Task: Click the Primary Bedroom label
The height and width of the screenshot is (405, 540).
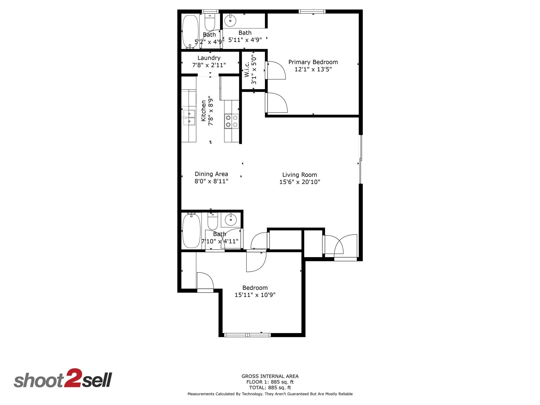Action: [313, 62]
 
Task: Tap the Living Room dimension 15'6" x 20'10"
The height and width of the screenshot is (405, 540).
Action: [300, 182]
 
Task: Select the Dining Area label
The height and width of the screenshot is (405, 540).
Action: [211, 174]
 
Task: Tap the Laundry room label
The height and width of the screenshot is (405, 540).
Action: [209, 58]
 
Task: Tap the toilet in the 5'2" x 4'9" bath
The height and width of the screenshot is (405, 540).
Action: [210, 22]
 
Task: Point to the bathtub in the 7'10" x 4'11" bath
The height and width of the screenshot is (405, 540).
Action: [191, 231]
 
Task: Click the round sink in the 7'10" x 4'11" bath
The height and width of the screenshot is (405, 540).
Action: [231, 219]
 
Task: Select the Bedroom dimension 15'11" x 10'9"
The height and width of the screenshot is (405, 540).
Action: [255, 295]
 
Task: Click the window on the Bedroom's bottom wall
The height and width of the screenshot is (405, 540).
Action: [247, 335]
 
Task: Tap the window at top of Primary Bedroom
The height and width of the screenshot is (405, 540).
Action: [312, 11]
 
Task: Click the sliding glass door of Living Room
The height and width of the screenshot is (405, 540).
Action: [360, 160]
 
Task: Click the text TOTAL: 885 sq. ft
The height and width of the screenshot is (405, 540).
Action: [270, 388]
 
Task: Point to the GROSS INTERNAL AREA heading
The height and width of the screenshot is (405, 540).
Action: [270, 376]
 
